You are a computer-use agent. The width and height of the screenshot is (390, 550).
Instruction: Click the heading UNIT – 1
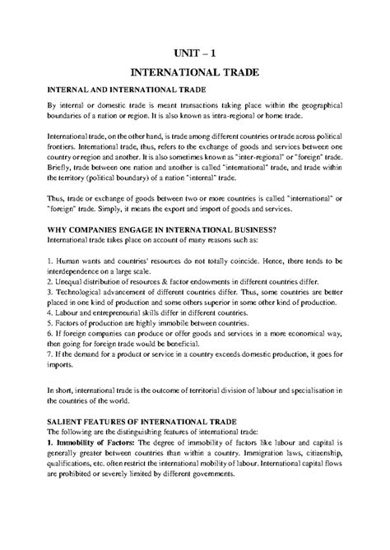point(195,50)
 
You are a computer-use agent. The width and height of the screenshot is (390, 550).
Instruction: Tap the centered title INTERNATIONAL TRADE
point(195,73)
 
